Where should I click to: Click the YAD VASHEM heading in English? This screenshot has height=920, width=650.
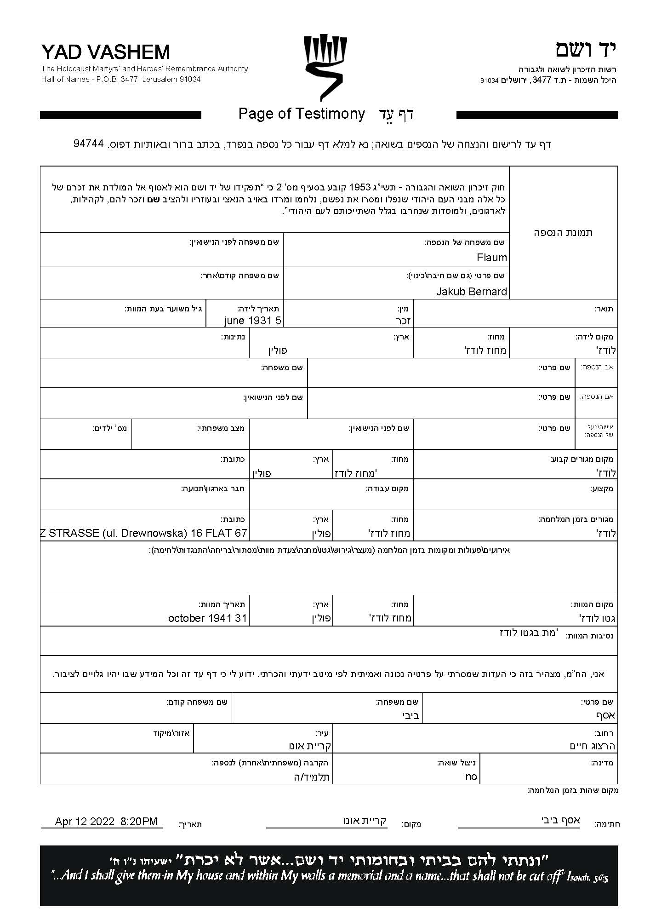105,52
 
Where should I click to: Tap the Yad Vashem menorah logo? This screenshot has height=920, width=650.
325,67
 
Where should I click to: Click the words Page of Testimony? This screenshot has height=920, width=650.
302,114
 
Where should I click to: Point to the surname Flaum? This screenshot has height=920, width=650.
491,258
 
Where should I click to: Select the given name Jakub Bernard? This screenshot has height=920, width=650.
471,292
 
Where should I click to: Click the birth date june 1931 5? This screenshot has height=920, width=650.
252,321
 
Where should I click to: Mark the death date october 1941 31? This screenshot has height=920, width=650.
207,618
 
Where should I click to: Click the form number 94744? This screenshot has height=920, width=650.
89,144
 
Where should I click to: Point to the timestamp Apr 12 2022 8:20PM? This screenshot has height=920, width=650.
106,822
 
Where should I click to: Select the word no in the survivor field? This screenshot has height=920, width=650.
471,777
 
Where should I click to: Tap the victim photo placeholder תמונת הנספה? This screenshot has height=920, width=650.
563,232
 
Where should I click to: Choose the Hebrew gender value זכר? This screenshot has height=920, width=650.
403,321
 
